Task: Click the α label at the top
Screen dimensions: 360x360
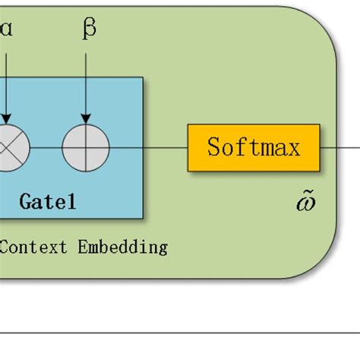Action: [x=6, y=29]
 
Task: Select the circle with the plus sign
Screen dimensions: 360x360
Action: [x=86, y=147]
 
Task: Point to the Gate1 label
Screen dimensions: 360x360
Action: [x=47, y=202]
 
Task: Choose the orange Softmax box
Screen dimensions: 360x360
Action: [x=254, y=147]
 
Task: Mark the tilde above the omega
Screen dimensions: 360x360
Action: [x=307, y=194]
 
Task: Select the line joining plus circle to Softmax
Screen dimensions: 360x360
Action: [x=149, y=147]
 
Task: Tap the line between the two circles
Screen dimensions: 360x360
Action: [x=46, y=147]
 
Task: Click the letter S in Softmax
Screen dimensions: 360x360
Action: [x=214, y=147]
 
